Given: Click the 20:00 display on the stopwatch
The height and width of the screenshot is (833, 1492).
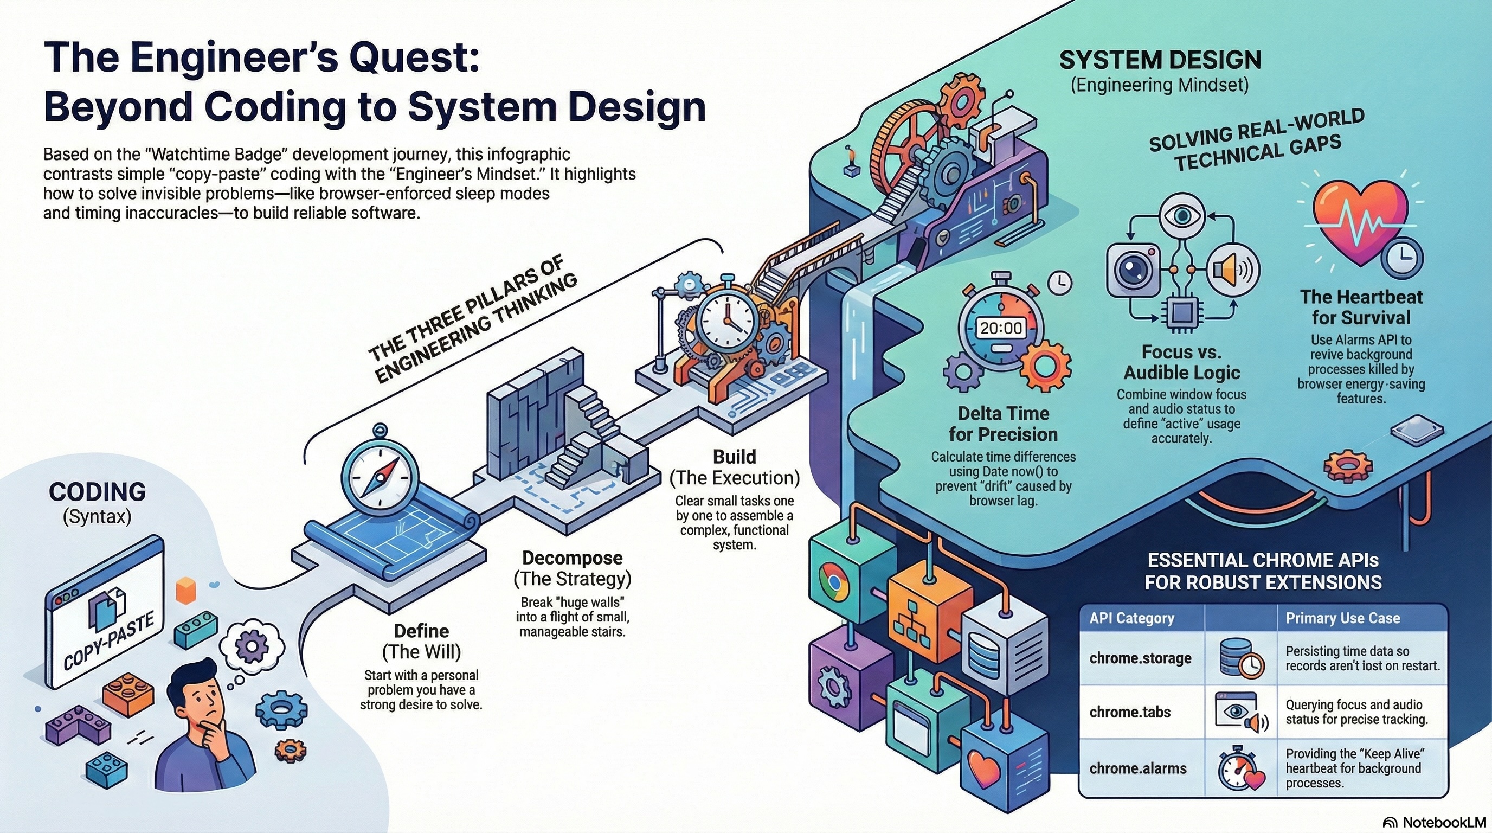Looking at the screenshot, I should pos(1001,329).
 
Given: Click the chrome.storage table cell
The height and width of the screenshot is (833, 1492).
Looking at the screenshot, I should pos(1140,658).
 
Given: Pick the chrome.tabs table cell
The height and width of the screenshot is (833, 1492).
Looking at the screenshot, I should pos(1129,712).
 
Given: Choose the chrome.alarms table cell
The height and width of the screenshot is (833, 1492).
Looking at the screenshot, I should pos(1137,768).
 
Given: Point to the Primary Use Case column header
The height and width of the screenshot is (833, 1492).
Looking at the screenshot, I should pos(1342,618).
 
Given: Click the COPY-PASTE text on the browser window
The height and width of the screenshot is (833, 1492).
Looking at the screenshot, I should pos(108,641).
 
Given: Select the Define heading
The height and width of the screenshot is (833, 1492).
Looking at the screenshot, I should pos(421,631).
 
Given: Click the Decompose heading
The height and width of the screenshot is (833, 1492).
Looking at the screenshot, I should pos(573,558).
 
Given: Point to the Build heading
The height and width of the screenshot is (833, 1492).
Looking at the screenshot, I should pos(734,457).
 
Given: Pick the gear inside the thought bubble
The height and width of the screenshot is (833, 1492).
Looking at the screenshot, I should pos(252,644).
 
